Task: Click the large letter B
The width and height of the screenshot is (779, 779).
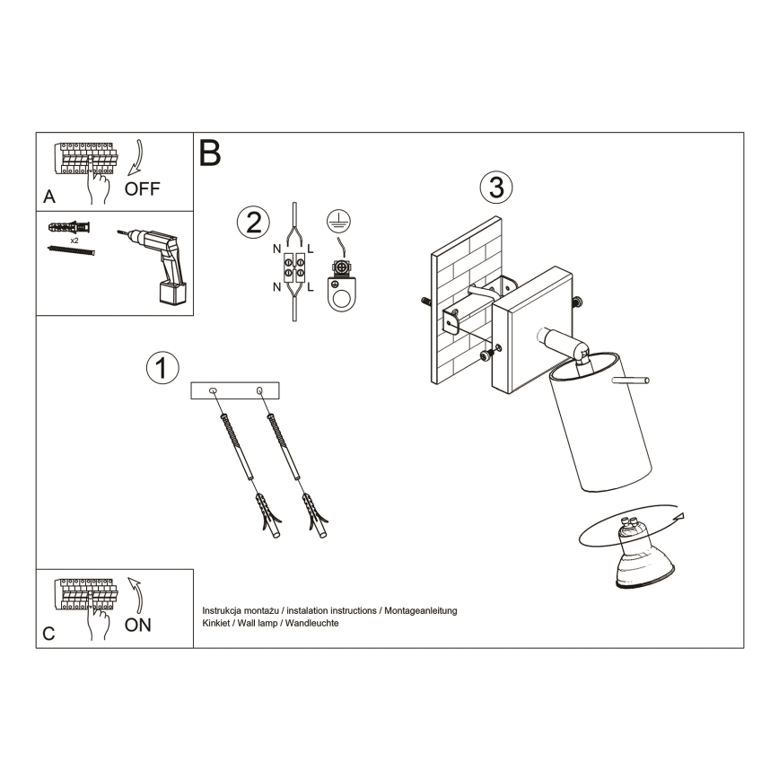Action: click(x=210, y=153)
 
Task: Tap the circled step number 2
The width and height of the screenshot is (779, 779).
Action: click(x=252, y=221)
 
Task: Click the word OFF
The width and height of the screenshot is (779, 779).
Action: click(x=143, y=189)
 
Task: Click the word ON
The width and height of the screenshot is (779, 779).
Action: click(x=138, y=626)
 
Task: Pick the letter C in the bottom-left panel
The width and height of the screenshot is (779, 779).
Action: click(x=48, y=633)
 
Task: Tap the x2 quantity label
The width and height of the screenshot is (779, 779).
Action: click(x=74, y=241)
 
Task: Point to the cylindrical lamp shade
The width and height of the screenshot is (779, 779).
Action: click(x=587, y=422)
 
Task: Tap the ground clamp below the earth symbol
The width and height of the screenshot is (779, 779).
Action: click(x=342, y=286)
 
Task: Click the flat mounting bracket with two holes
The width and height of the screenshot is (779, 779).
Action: click(x=236, y=390)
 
